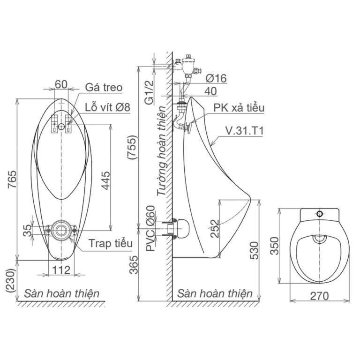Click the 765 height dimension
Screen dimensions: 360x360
coord(12,179)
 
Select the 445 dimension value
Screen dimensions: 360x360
coord(106,180)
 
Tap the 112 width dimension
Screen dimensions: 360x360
coord(61,270)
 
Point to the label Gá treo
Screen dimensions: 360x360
coord(104,88)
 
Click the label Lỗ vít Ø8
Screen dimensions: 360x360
coord(108,107)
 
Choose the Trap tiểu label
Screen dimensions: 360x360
coord(111,243)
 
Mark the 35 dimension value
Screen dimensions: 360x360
coord(28,230)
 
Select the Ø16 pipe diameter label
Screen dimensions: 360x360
coord(216,78)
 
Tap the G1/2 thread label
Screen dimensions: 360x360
coord(150,92)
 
